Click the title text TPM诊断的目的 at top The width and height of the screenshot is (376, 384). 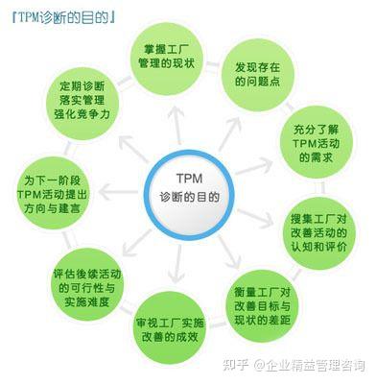coord(59,15)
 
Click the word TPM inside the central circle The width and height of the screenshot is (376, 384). coord(187,178)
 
